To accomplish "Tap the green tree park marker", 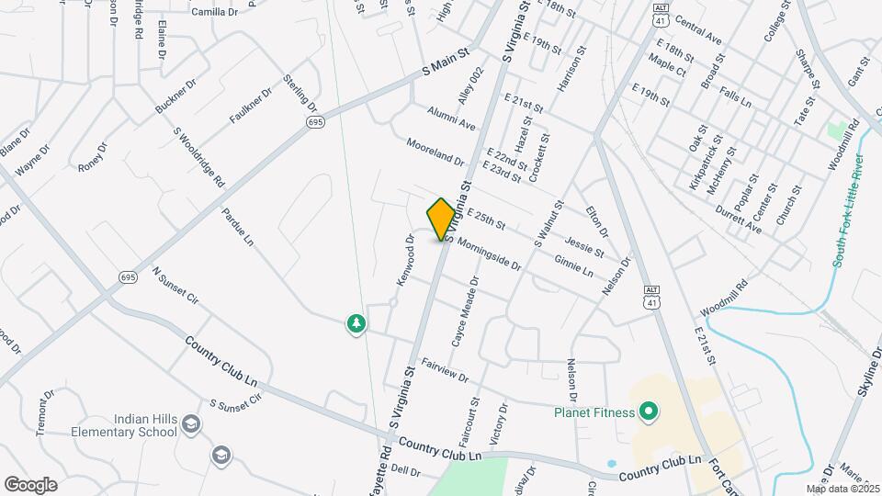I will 356,324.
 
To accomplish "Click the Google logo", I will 30,484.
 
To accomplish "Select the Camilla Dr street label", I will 215,12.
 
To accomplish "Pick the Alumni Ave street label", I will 450,118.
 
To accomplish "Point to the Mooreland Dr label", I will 435,152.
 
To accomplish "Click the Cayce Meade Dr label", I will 464,312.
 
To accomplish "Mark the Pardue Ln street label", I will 236,227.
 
